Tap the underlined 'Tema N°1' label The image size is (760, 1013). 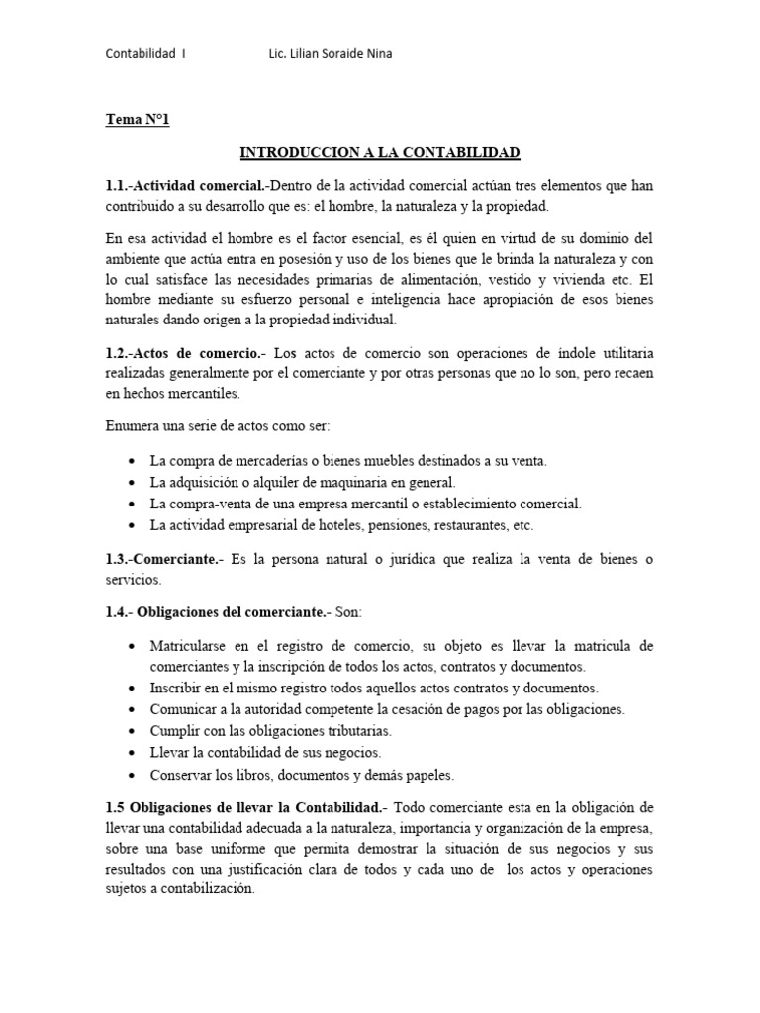click(138, 121)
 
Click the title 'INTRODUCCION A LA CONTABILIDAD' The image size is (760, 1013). click(380, 153)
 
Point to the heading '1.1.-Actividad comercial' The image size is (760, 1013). click(186, 186)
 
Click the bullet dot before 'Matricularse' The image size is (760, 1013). click(132, 646)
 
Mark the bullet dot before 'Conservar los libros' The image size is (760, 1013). click(132, 775)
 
